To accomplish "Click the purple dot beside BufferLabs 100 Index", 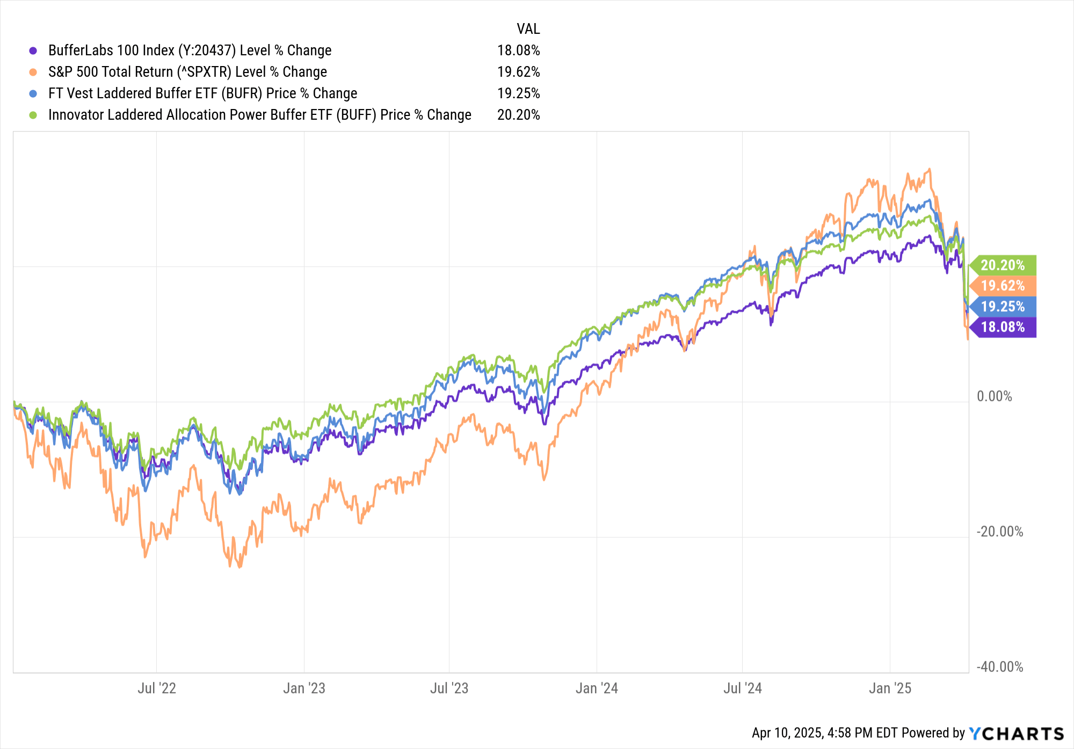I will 33,50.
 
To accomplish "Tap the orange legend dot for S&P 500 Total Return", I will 33,72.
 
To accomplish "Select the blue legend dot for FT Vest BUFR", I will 33,93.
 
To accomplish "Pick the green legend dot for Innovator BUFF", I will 33,115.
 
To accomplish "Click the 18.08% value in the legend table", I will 518,50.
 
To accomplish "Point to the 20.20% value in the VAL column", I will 518,115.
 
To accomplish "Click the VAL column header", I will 528,29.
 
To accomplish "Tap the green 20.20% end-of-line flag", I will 1003,265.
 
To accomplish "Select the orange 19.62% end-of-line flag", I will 1003,286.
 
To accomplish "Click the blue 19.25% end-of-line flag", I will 1003,307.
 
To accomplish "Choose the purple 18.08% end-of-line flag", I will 1003,327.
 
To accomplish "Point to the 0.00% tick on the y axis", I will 994,397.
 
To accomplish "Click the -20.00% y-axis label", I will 999,532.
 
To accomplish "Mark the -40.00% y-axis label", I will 999,667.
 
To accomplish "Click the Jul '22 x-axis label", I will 156,688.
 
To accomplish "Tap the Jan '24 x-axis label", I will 597,688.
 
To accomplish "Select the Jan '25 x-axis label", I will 890,688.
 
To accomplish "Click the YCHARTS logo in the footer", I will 1017,733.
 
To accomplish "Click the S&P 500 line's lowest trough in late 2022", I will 239,566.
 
